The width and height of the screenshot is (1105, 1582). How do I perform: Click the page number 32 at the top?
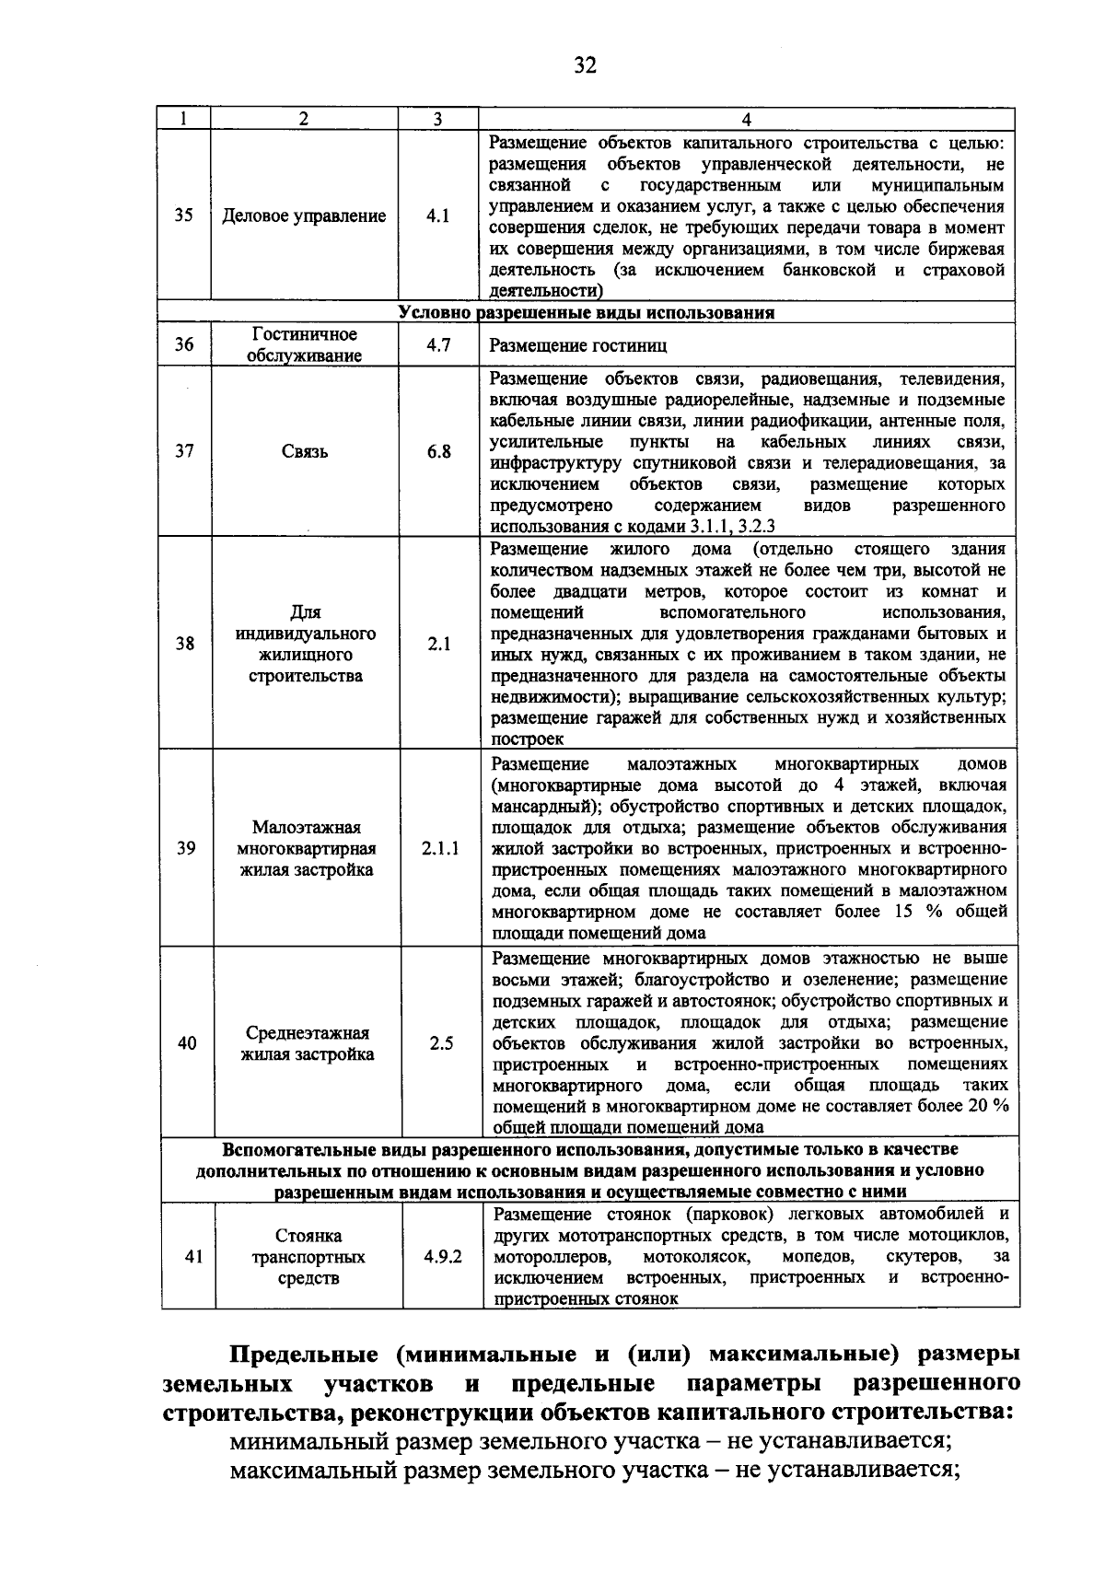click(x=585, y=65)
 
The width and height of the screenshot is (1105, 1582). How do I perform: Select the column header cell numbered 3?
click(x=438, y=119)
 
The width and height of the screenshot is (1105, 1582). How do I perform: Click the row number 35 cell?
click(x=184, y=216)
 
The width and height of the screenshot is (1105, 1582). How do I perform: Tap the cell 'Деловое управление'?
click(x=305, y=216)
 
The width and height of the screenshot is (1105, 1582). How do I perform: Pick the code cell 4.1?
click(x=438, y=216)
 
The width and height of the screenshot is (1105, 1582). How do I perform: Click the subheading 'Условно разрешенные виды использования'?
click(x=587, y=312)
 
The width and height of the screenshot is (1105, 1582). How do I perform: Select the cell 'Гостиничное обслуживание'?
click(x=306, y=345)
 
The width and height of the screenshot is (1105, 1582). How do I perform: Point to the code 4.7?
click(x=438, y=345)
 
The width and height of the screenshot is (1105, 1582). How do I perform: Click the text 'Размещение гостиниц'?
click(x=578, y=346)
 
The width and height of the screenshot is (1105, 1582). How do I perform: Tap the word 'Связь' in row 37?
click(x=305, y=452)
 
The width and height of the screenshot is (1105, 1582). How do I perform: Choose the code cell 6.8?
click(x=439, y=452)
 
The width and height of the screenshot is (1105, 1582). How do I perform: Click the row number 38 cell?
click(x=185, y=644)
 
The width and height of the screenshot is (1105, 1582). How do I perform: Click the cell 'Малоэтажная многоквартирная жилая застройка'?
click(x=307, y=848)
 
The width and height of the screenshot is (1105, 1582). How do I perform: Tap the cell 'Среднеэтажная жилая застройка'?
click(x=308, y=1043)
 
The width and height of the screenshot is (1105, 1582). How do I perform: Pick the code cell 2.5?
click(x=441, y=1043)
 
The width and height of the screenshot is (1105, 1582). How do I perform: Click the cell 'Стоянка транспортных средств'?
click(x=308, y=1257)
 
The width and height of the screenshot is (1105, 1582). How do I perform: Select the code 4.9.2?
click(x=443, y=1257)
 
